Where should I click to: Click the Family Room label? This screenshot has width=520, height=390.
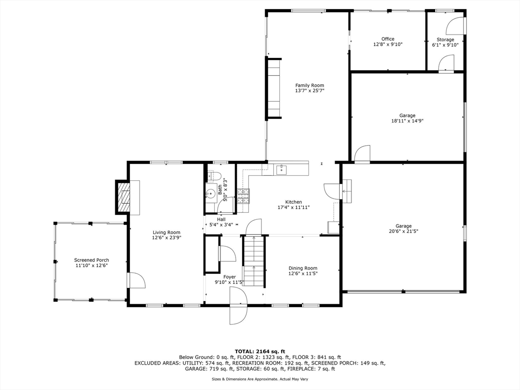(309, 85)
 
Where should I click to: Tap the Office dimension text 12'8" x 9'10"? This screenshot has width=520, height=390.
(388, 45)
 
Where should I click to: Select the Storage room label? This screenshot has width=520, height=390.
(445, 39)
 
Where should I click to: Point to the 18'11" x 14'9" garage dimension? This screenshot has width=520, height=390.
(407, 121)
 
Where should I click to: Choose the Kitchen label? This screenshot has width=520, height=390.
(293, 202)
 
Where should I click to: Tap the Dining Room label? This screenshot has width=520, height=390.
(303, 268)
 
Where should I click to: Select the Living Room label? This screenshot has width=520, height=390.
(167, 233)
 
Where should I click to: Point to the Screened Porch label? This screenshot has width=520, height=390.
(91, 260)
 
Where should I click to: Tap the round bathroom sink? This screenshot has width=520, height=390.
(210, 193)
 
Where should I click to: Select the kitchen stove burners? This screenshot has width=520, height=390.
(243, 196)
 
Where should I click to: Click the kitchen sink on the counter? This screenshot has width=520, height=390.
(281, 170)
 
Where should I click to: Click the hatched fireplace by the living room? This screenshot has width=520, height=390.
(124, 197)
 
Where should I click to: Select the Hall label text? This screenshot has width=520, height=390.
(221, 219)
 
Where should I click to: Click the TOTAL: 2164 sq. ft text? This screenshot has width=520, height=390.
(259, 351)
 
